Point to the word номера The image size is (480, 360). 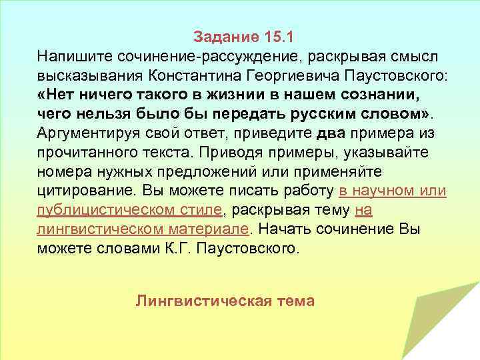click(61, 171)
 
